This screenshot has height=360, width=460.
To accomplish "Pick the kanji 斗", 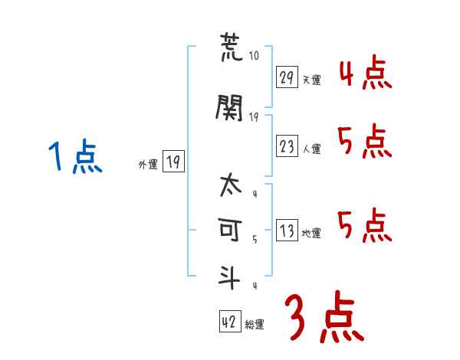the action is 230,276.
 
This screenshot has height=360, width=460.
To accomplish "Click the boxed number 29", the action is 287,77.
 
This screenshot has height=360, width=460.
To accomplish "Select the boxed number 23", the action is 287,147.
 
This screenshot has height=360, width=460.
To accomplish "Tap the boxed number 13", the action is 287,231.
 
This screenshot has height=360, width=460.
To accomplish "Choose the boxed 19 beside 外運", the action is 173,161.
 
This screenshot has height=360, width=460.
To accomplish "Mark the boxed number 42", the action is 230,322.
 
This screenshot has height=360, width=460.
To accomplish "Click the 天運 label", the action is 311,80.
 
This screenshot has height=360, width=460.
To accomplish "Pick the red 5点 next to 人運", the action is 364,141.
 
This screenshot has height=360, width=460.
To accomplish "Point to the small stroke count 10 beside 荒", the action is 255,56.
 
